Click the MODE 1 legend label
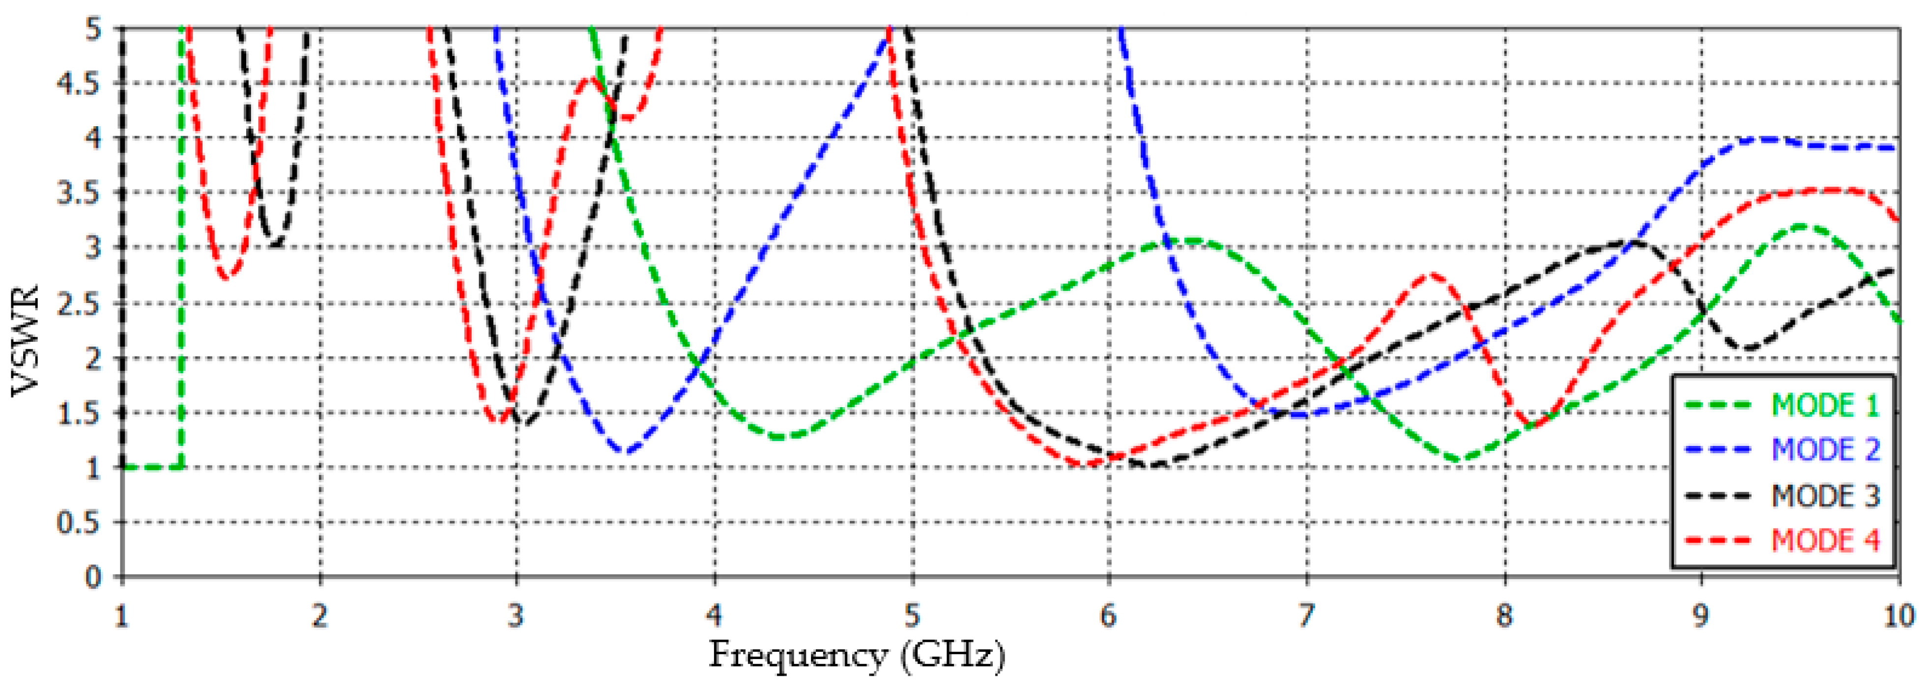[x=1825, y=405]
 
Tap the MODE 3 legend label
[x=1825, y=496]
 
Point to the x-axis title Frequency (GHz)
[x=857, y=656]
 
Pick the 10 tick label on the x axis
[x=1898, y=616]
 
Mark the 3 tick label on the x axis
[x=516, y=616]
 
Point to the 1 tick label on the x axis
[x=121, y=616]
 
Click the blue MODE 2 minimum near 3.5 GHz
[x=625, y=452]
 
